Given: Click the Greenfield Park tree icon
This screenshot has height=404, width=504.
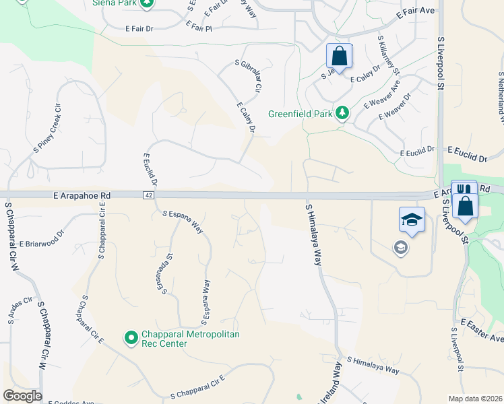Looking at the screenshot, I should click(x=342, y=113).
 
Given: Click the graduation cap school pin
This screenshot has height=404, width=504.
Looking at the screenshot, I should click(x=412, y=220).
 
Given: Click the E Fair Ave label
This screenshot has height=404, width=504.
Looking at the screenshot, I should click(x=416, y=11).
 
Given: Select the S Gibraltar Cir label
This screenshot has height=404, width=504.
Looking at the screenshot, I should click(x=247, y=75).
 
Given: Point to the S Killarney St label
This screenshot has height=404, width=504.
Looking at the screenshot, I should click(x=389, y=56).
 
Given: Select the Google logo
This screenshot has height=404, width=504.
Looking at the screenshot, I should click(x=22, y=396).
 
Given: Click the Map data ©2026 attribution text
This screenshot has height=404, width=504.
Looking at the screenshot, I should click(x=475, y=397).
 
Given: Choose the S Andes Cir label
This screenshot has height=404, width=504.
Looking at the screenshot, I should click(x=18, y=307).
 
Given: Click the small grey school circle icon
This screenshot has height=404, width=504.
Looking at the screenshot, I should click(x=401, y=248).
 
